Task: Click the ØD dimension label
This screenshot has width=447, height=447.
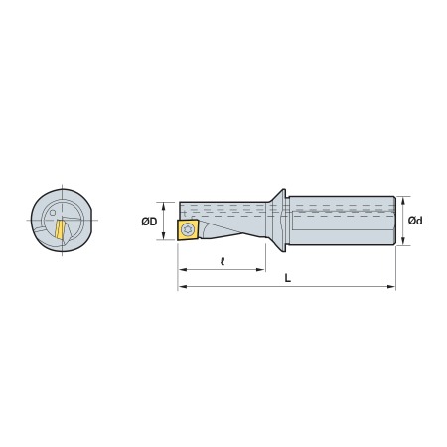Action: tap(149, 222)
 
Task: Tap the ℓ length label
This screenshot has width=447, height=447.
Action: tap(223, 261)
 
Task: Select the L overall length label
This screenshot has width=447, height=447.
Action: tap(288, 278)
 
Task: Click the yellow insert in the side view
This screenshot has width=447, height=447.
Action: tap(188, 229)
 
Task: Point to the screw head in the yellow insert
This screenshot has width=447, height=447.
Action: tap(188, 229)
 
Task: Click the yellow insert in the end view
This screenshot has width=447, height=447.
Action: tap(60, 229)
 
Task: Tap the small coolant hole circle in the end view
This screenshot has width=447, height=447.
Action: tap(53, 213)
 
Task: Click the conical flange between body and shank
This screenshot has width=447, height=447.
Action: tap(279, 221)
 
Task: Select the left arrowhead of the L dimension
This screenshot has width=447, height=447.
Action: tap(182, 286)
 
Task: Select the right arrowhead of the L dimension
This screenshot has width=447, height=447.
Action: tap(392, 286)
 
